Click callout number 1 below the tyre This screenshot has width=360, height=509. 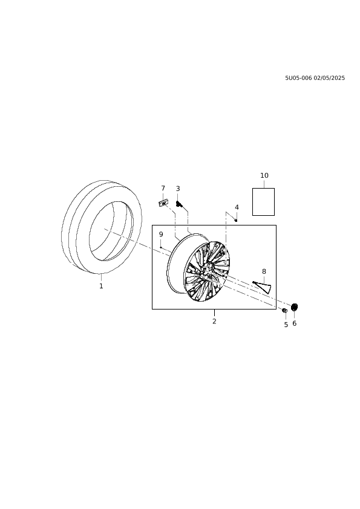(x=101, y=286)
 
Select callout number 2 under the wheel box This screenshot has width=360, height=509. (x=214, y=321)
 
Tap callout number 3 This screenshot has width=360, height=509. (x=178, y=189)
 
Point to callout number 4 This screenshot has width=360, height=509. (x=237, y=207)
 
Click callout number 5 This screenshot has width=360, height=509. (x=286, y=325)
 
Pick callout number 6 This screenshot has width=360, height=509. (x=295, y=323)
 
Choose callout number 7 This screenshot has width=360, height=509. (x=163, y=188)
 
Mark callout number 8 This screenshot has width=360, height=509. (x=264, y=271)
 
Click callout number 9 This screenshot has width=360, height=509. (x=161, y=235)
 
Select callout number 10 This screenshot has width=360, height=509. (x=264, y=175)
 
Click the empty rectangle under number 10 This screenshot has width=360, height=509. (x=264, y=201)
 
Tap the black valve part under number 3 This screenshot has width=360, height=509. (x=179, y=204)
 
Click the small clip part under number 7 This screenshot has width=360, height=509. (x=163, y=203)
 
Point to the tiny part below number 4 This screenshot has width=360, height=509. (x=236, y=221)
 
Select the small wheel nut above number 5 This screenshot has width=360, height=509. (x=284, y=311)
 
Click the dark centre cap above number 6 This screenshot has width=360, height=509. (x=295, y=306)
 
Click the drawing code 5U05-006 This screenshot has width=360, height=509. (x=298, y=78)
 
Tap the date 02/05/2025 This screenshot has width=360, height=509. (x=329, y=78)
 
